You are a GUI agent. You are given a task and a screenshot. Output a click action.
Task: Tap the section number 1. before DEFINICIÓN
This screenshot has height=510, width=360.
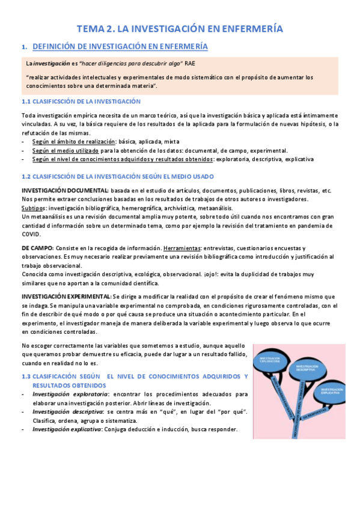point(24,47)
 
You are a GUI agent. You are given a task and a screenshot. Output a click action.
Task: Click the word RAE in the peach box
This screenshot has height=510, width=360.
point(189,63)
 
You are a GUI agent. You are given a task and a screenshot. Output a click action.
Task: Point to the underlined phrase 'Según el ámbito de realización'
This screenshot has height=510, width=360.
point(74,142)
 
